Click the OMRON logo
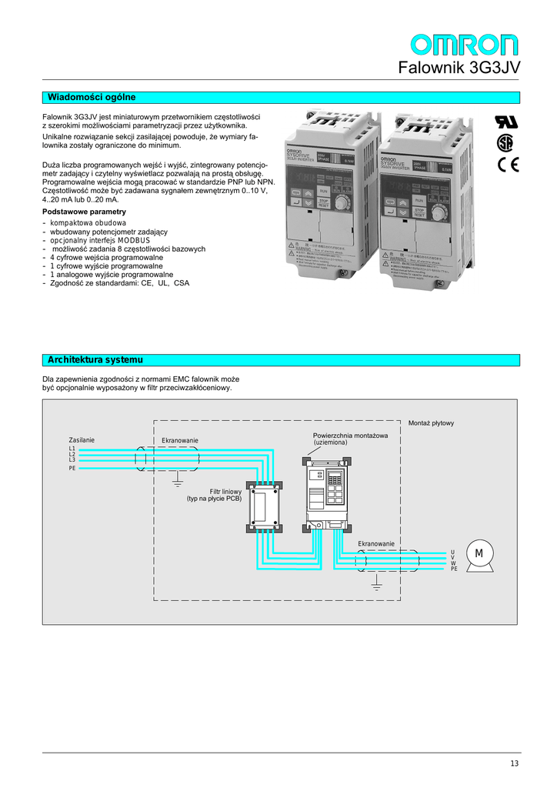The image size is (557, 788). (464, 44)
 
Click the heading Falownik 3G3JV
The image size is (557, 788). (459, 68)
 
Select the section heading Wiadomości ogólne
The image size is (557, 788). (92, 98)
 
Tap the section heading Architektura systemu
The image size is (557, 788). (95, 360)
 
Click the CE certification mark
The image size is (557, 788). (509, 164)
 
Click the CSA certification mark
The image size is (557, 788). (505, 143)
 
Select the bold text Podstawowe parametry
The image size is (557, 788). (85, 212)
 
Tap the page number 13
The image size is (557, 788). (514, 763)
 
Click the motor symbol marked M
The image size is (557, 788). (479, 555)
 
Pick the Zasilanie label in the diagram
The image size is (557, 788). (82, 439)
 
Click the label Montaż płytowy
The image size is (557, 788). (431, 423)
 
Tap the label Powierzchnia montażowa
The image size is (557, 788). (350, 436)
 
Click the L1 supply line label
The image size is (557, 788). (72, 448)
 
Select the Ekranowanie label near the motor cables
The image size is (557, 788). (376, 544)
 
